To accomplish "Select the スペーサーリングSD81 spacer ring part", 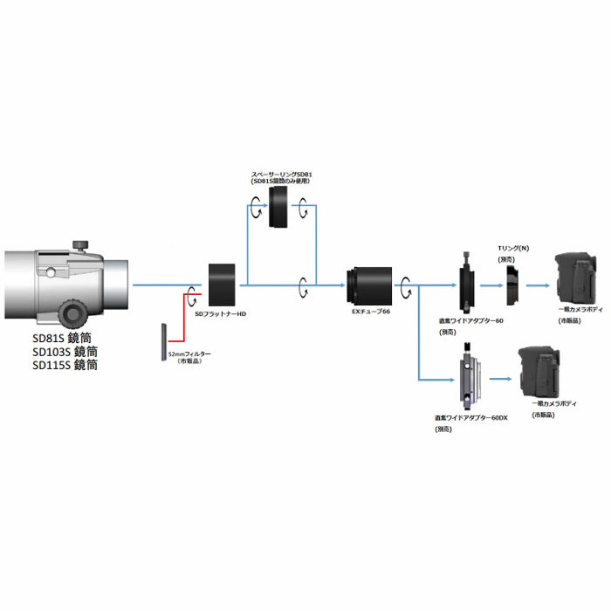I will (280, 209).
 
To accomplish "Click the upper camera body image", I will (575, 278).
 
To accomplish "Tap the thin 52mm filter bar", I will (163, 342).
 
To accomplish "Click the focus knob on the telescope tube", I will (72, 312).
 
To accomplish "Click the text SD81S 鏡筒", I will (65, 337).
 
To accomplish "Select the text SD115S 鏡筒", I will (65, 366).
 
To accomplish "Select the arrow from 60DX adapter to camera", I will (499, 379).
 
